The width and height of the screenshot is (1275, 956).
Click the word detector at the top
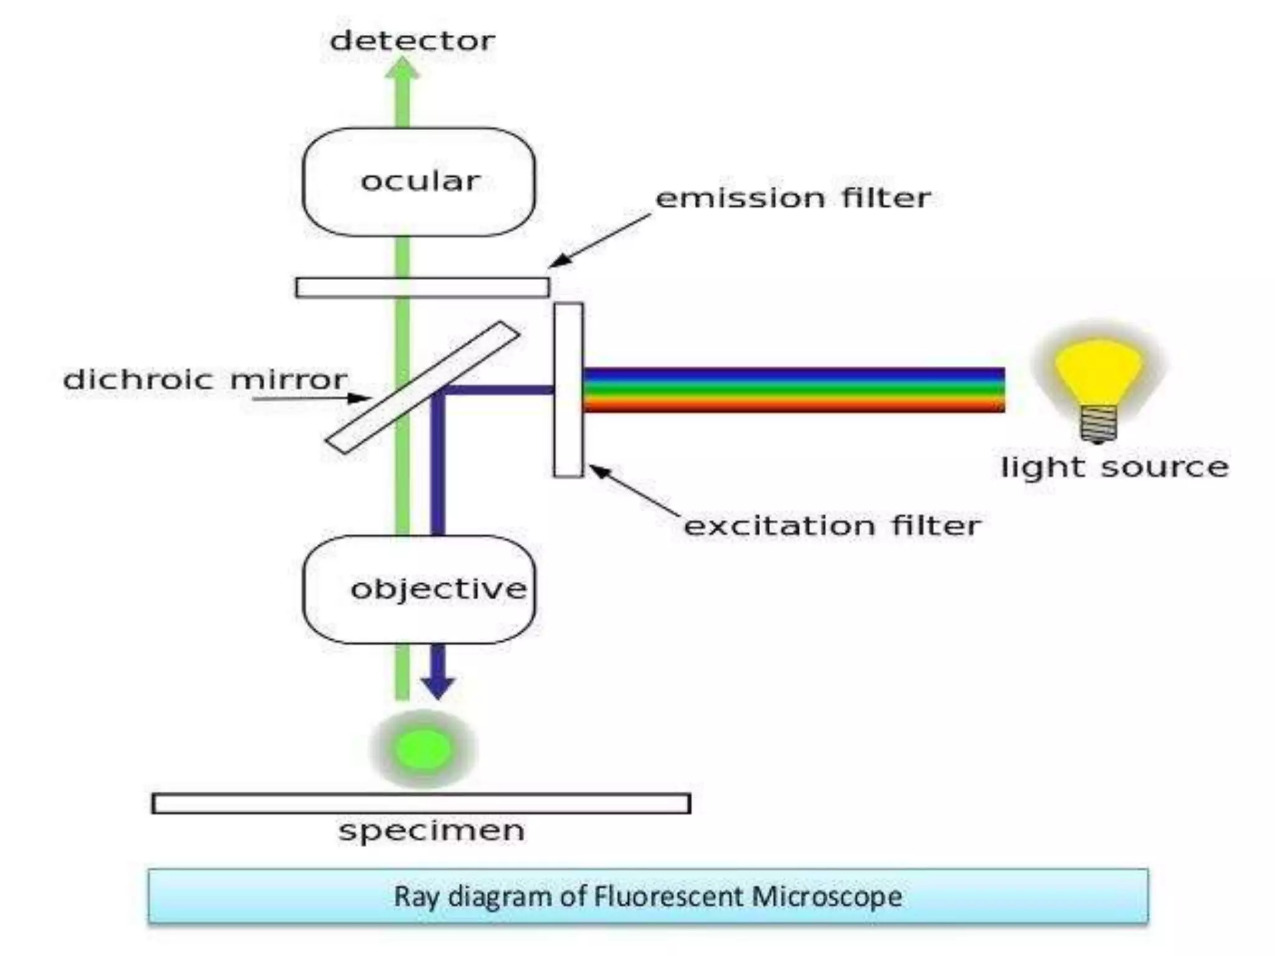click(x=412, y=41)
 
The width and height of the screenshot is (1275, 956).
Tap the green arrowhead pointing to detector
click(x=402, y=70)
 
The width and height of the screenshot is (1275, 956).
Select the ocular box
click(x=418, y=182)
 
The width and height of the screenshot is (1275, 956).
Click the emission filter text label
click(x=793, y=198)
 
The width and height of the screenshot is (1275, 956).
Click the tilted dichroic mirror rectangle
click(x=473, y=355)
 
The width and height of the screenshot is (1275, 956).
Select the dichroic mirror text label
click(x=205, y=380)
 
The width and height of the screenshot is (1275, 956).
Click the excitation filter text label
click(x=832, y=526)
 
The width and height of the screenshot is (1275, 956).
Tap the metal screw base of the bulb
click(x=1098, y=424)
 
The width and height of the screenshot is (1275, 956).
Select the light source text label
click(x=1114, y=467)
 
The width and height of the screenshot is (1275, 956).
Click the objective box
click(x=418, y=589)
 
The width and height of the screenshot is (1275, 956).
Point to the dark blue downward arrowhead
click(x=438, y=686)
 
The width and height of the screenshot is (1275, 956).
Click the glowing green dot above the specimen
click(x=423, y=749)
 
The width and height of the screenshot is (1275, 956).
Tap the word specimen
click(x=431, y=830)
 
